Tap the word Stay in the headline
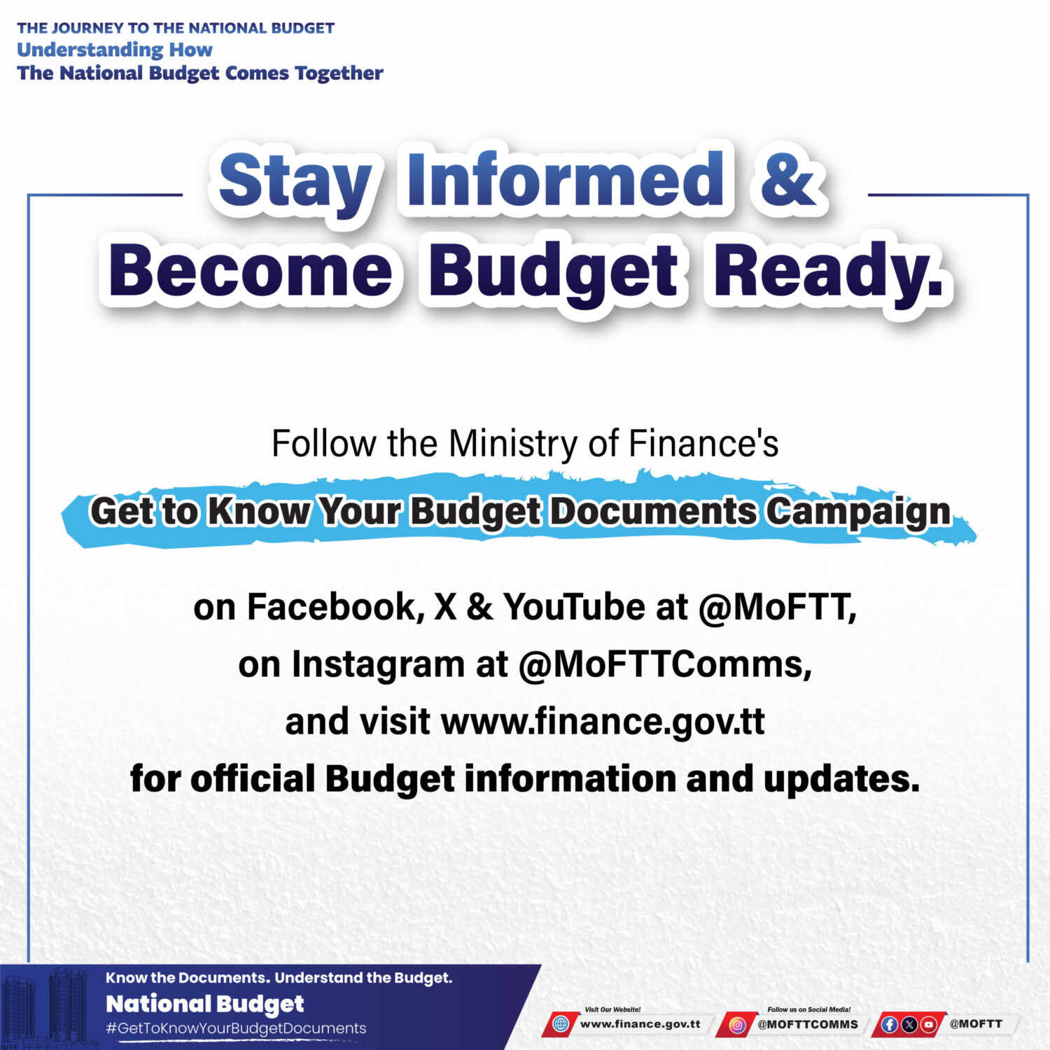coord(295,183)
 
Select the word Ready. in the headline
coord(827,274)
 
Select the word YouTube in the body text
coord(574,606)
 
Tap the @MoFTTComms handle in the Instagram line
coord(665,664)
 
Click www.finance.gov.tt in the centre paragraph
coord(603,722)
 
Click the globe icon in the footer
coord(561,1024)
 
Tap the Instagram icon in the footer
coord(737,1025)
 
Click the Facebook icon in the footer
coord(890,1024)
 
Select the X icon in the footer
coord(909,1024)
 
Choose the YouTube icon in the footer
coord(929,1024)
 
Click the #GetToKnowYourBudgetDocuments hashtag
coord(236,1028)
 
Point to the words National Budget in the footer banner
coord(205,1004)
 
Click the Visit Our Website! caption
coord(612,1009)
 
